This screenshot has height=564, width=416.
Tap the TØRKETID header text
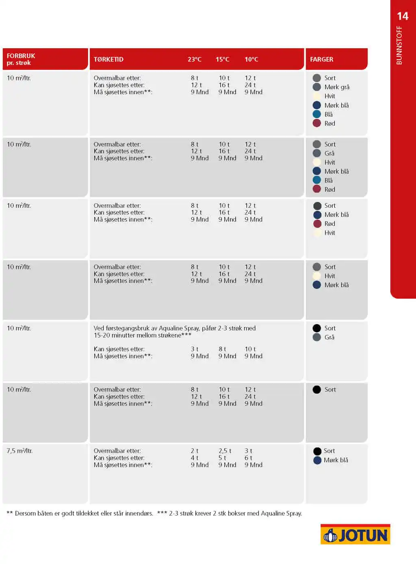(108, 59)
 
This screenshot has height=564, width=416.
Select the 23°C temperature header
(195, 59)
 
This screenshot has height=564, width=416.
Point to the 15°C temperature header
(222, 59)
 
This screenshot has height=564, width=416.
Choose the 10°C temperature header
(251, 59)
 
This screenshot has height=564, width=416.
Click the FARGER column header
(321, 59)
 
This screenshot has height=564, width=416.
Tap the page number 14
(402, 16)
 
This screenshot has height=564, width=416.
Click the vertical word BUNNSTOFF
(399, 45)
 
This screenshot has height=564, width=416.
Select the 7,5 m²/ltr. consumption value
(19, 451)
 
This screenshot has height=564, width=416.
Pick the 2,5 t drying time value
(225, 451)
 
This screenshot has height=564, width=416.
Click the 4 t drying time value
(195, 458)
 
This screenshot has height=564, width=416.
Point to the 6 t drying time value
(248, 458)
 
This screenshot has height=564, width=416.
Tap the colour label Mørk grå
(337, 87)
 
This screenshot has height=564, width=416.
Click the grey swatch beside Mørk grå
(317, 87)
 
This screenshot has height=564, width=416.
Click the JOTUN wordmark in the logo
(363, 536)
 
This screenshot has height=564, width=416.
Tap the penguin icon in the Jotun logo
(330, 536)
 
